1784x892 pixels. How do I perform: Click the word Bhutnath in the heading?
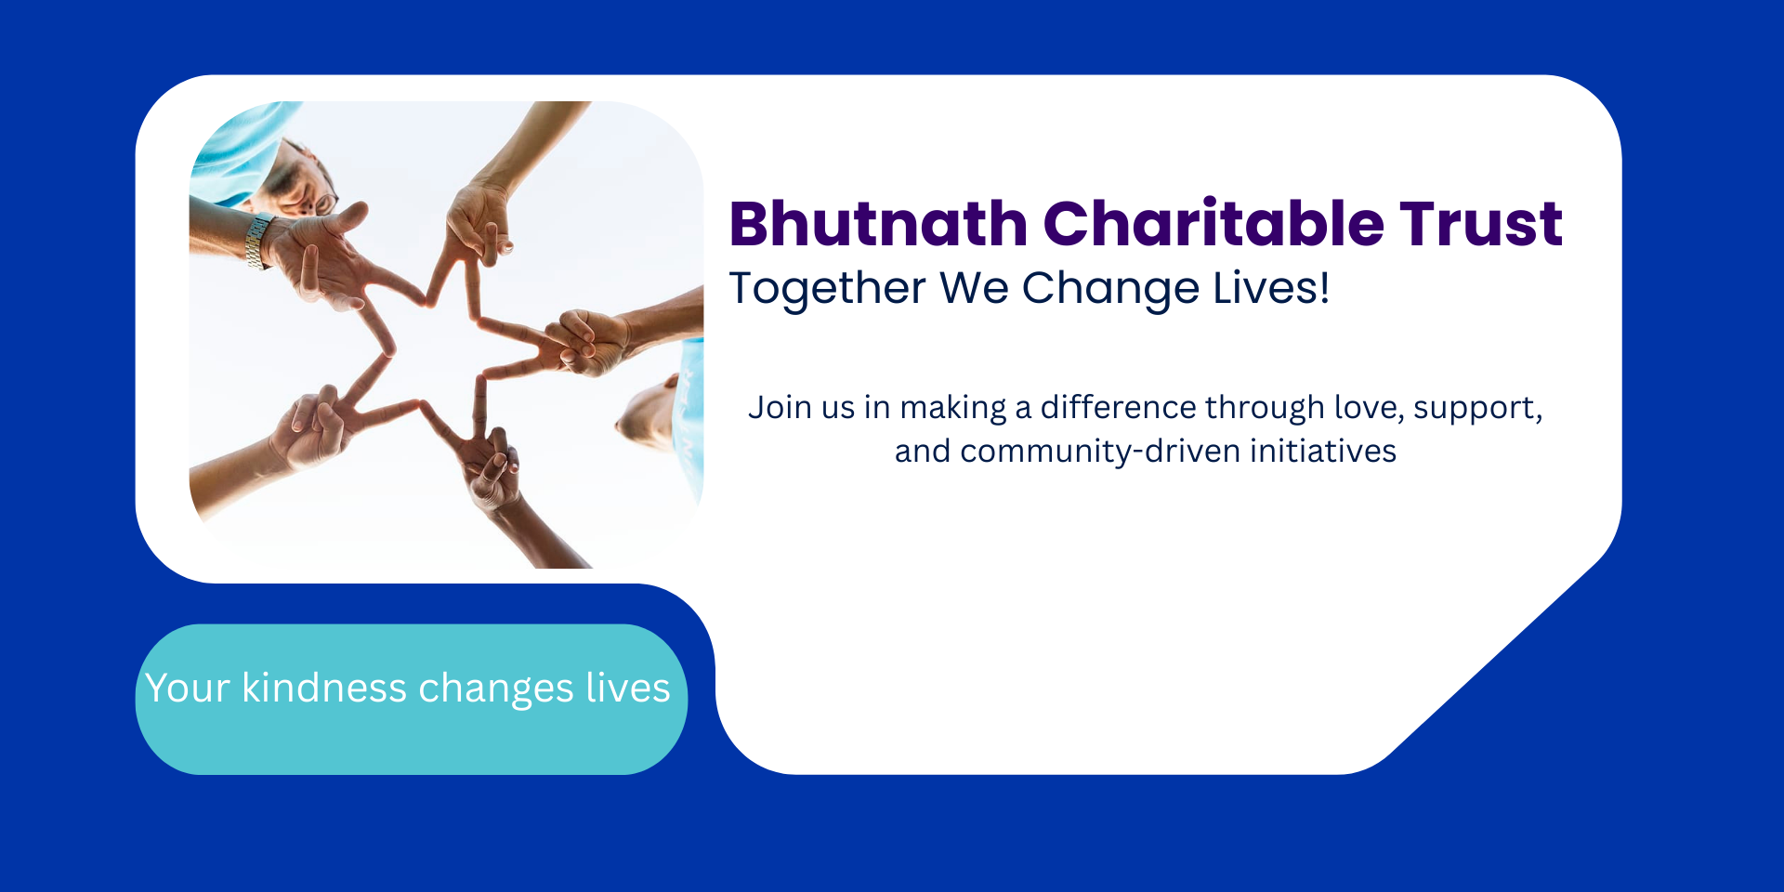coord(878,224)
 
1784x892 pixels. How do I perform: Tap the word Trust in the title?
coord(1482,225)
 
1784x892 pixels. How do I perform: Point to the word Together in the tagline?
coord(827,288)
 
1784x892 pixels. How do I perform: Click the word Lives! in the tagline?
coord(1272,287)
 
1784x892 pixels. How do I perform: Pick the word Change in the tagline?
coord(1110,288)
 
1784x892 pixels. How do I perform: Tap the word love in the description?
coord(1369,408)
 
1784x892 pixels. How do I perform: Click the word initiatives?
coord(1323,451)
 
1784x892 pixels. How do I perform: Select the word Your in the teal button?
coord(188,689)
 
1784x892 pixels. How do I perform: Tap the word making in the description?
coord(952,409)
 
